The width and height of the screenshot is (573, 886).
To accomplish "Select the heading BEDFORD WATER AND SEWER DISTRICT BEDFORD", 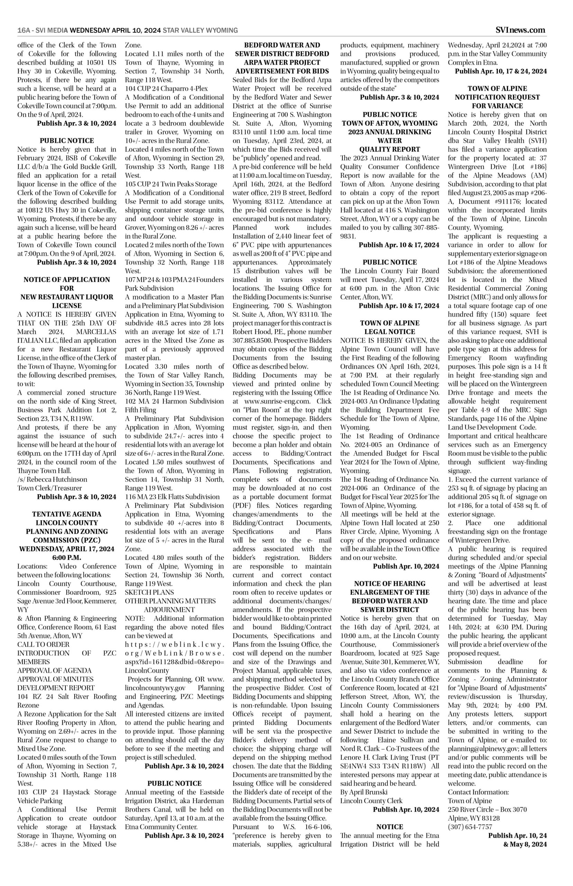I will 282,54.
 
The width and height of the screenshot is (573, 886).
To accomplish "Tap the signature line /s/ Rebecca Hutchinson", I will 53,479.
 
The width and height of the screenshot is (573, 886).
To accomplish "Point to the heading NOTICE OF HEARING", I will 390,584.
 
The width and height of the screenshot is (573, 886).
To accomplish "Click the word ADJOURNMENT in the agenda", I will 169,609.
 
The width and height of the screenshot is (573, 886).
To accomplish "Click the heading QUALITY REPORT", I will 390,149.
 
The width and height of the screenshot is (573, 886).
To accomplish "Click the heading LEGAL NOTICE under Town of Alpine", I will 390,332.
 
